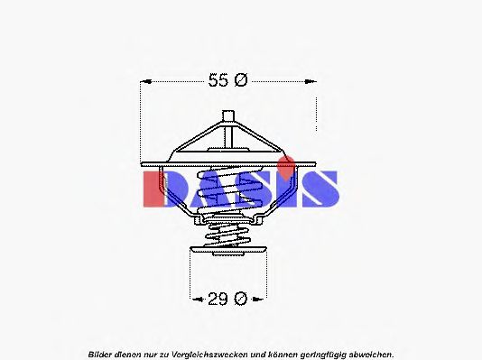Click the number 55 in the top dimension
(218, 80)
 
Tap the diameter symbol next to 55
(240, 80)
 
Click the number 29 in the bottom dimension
(218, 299)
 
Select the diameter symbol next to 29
(240, 299)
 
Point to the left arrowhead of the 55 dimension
(146, 82)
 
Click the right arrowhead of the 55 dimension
(311, 82)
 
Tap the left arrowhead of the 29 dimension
(197, 299)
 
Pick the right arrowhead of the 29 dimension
(257, 299)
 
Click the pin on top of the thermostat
(228, 116)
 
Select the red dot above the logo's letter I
(286, 167)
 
